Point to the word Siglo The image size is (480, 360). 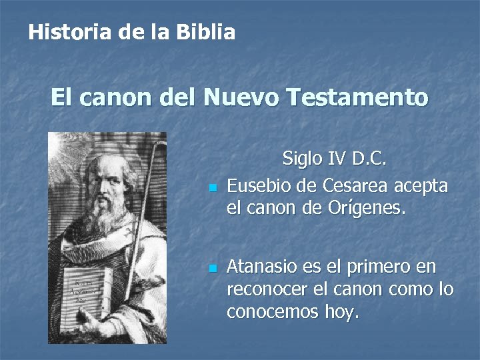click(x=303, y=159)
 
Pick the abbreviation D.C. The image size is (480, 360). click(x=370, y=159)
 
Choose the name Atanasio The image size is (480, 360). click(x=265, y=267)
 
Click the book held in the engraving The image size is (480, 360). click(x=83, y=293)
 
